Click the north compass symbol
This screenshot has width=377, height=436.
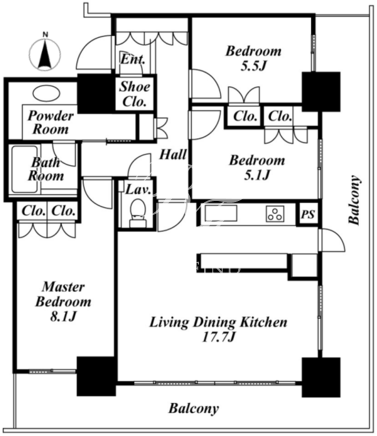[46, 53]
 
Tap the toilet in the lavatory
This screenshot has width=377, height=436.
[137, 213]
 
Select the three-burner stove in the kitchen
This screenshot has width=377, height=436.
[275, 213]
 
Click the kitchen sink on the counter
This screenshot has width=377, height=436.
[221, 213]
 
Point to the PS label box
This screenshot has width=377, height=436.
[308, 214]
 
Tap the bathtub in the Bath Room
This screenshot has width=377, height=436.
[25, 169]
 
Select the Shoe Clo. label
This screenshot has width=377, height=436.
[135, 94]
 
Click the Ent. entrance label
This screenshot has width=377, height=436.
[133, 59]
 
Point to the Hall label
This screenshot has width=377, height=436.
[173, 154]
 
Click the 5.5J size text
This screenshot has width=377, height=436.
[253, 66]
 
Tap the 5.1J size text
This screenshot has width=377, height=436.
[256, 175]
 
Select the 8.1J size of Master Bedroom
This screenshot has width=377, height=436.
[63, 317]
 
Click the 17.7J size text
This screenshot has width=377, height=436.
[219, 337]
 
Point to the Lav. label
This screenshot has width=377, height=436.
[139, 189]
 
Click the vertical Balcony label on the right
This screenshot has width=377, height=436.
[354, 200]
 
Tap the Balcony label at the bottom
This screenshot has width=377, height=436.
[194, 408]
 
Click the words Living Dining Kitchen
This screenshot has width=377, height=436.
[218, 322]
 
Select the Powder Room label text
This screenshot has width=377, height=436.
[50, 123]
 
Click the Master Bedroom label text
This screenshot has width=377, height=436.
[63, 294]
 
